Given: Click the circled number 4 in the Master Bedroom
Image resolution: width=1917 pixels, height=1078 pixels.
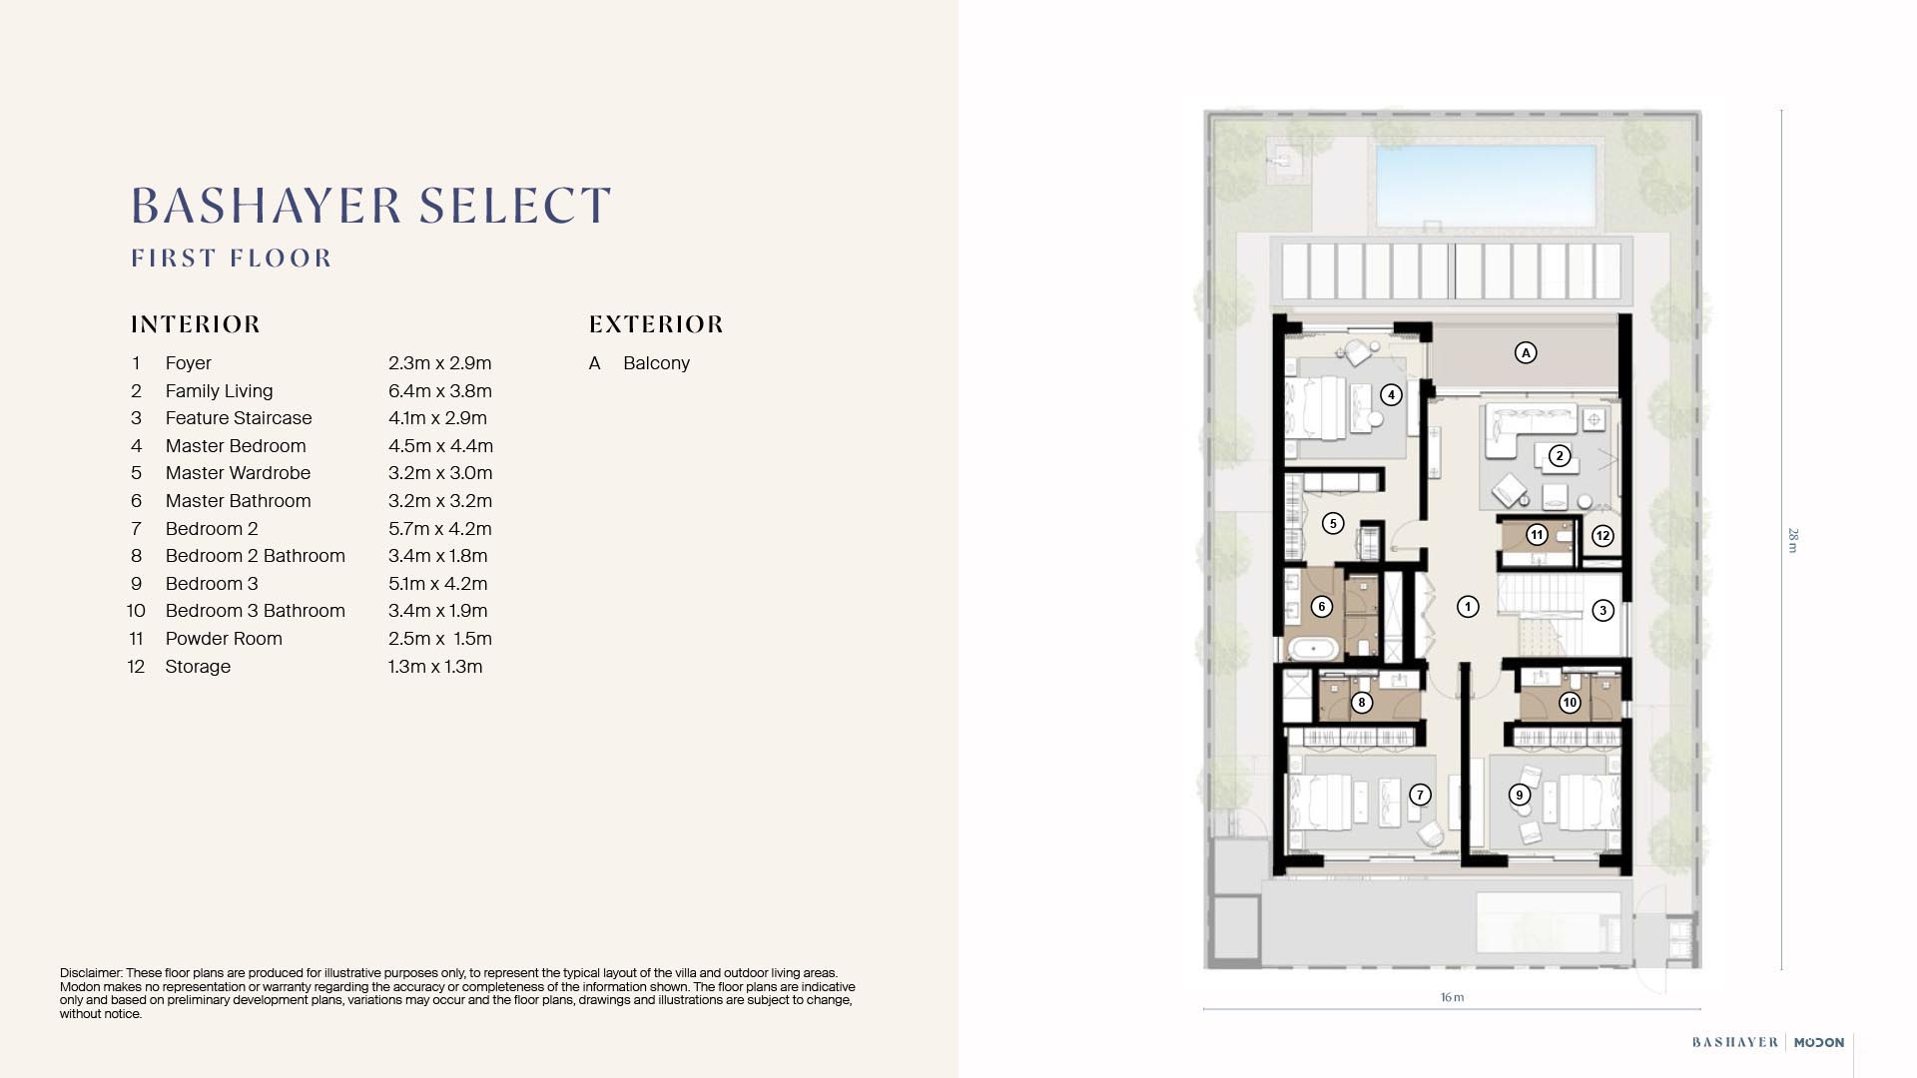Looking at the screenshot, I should [1391, 395].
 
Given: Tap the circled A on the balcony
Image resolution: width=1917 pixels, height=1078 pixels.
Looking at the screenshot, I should [1525, 352].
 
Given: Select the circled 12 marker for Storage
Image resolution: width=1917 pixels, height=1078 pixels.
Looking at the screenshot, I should [1601, 536].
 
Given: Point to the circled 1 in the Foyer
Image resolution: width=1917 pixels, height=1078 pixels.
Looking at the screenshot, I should [1467, 606].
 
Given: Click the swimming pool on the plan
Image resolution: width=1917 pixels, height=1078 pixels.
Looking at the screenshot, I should [1486, 187].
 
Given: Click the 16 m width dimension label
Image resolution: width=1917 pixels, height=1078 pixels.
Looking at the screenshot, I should [1452, 997].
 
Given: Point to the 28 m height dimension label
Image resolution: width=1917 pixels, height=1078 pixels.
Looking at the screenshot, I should [1792, 540].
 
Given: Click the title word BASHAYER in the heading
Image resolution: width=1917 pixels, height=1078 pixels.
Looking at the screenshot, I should [265, 206].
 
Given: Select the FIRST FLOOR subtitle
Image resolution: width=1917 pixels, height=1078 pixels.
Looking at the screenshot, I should [232, 259].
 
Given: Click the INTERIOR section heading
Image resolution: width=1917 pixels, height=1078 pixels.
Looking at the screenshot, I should [196, 324].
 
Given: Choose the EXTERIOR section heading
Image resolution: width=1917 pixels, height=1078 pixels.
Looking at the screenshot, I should [656, 324].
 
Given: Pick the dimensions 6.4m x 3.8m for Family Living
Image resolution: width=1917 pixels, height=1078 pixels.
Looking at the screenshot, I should [439, 391].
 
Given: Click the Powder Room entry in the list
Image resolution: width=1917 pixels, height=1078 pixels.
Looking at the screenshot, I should [224, 639].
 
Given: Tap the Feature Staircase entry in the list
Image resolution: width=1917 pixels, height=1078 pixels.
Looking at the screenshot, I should [239, 418].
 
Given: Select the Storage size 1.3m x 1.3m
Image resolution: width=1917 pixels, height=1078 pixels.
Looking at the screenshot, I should [434, 667].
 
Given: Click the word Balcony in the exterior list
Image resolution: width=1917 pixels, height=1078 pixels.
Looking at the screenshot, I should [656, 363].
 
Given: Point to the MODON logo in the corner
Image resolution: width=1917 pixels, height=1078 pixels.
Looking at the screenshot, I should [1818, 1042].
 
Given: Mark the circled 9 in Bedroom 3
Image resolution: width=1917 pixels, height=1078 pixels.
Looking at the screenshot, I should [1519, 795].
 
